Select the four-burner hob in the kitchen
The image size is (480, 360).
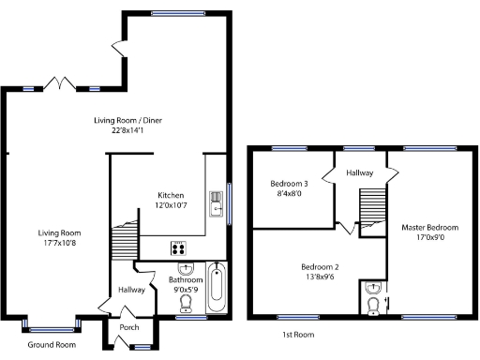pyautogui.click(x=177, y=248)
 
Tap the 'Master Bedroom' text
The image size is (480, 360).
pyautogui.click(x=430, y=228)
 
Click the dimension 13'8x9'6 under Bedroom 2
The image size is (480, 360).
pyautogui.click(x=320, y=278)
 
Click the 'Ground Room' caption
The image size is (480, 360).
pyautogui.click(x=51, y=345)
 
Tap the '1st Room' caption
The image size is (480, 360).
pyautogui.click(x=297, y=334)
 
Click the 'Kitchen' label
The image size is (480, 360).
pyautogui.click(x=157, y=195)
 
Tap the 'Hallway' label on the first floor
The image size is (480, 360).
pyautogui.click(x=359, y=173)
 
